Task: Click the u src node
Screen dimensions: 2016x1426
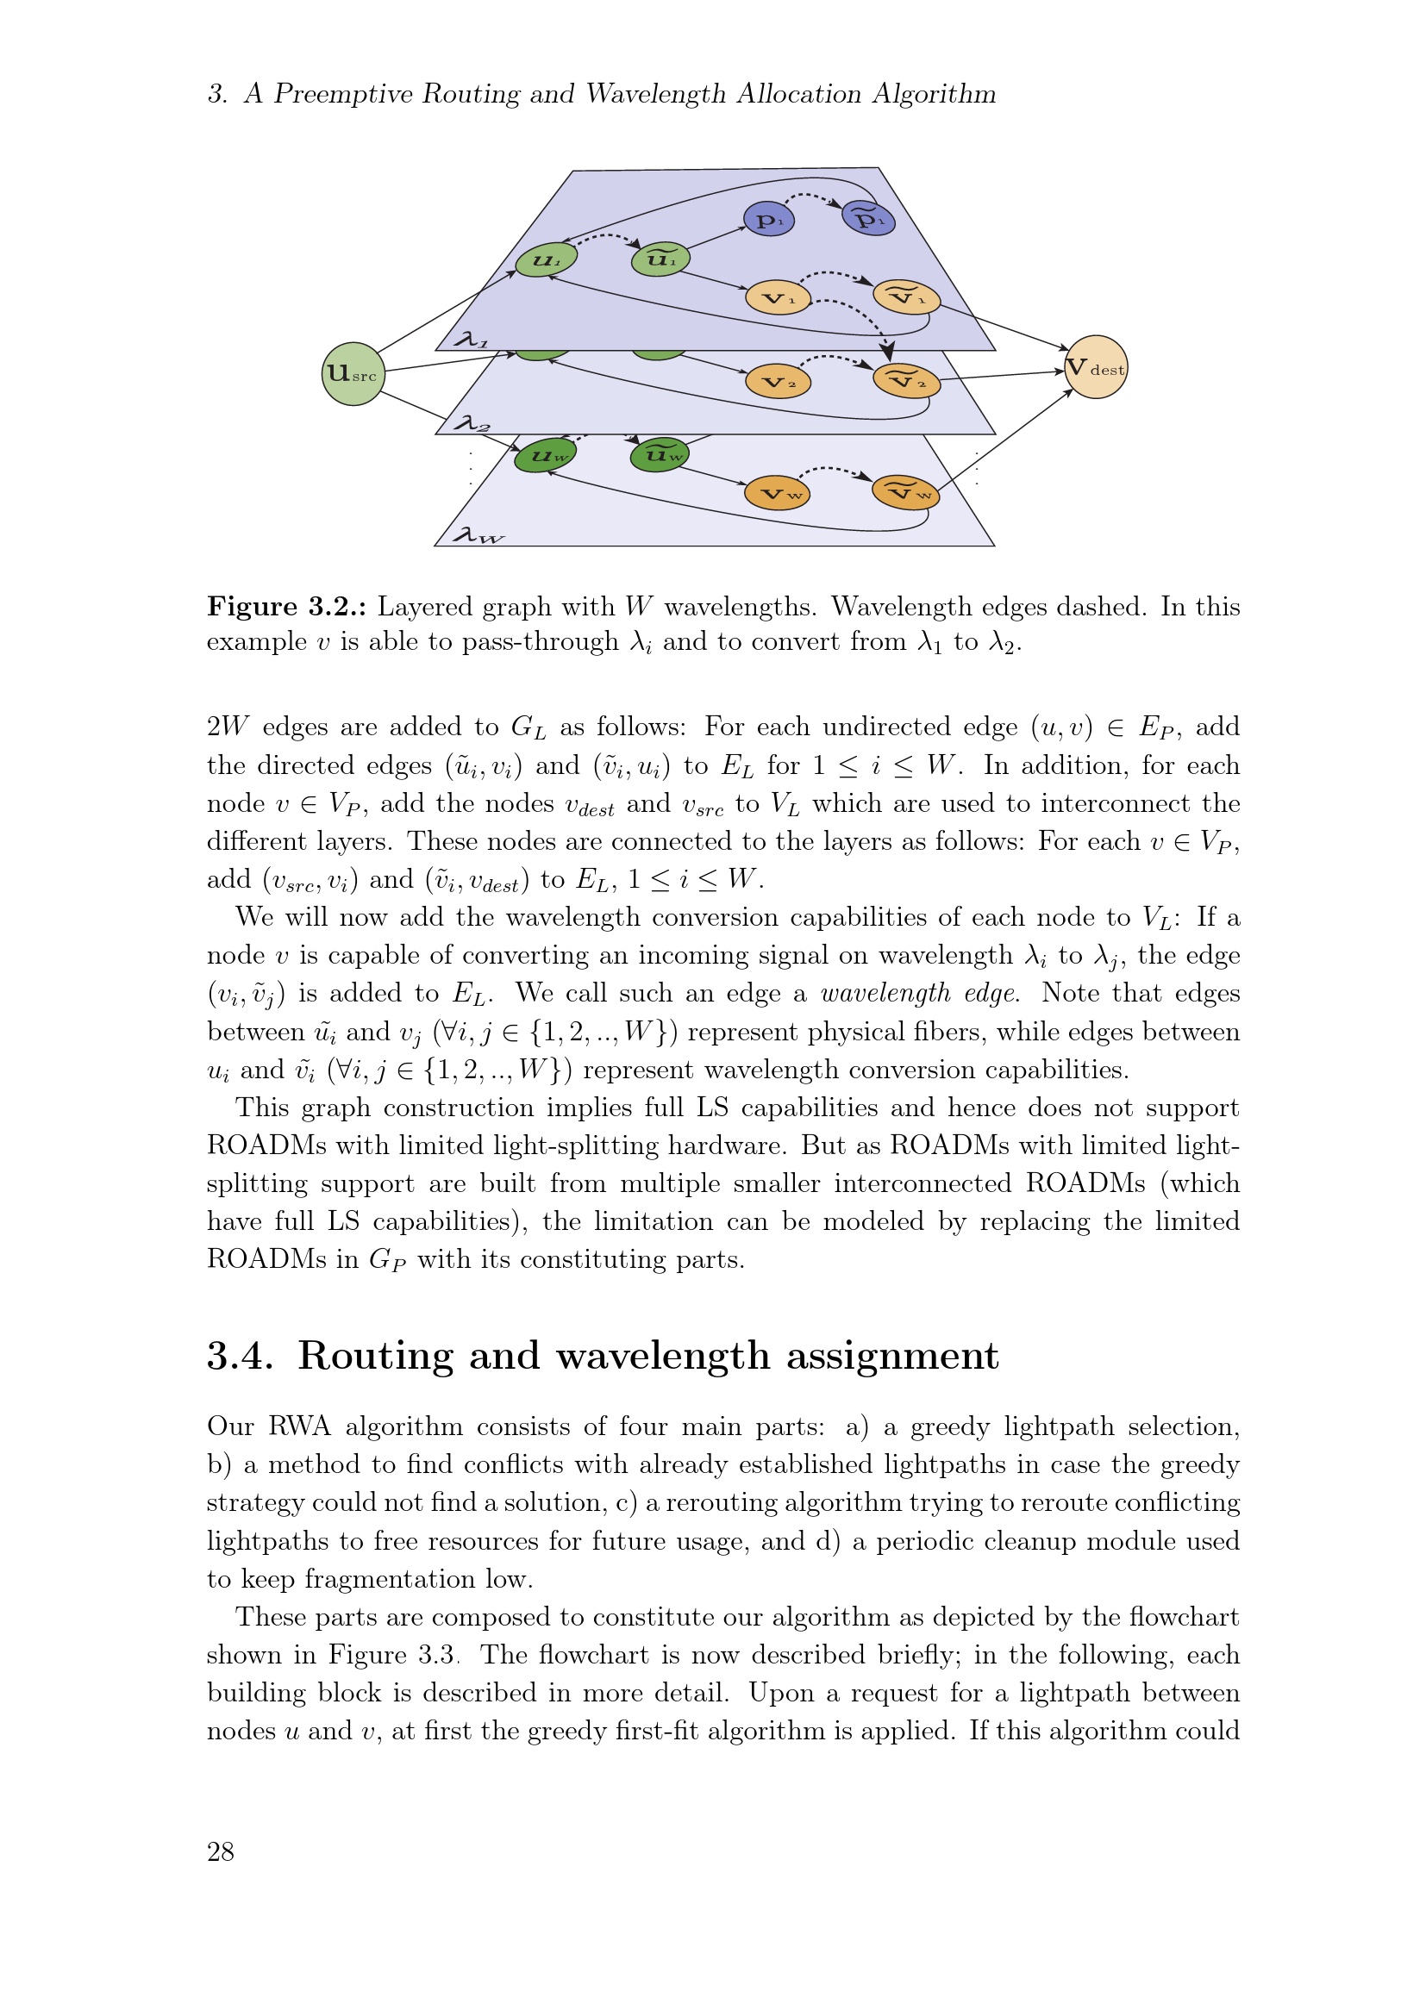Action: (353, 374)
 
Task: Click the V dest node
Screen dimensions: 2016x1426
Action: (1095, 367)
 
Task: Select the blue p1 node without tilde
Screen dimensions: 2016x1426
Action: (768, 219)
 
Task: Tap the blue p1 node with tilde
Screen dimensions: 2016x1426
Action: (868, 218)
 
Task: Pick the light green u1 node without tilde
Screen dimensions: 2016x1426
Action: (545, 259)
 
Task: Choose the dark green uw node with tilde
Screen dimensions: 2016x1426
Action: (660, 454)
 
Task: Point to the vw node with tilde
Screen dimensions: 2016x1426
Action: (906, 493)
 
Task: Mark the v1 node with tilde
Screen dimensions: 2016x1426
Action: (906, 297)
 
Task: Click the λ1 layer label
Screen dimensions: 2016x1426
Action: (472, 339)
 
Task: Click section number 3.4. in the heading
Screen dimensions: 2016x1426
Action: (240, 1355)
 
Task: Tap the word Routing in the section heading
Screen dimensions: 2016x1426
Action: (376, 1355)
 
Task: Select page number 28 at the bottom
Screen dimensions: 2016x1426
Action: (221, 1851)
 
